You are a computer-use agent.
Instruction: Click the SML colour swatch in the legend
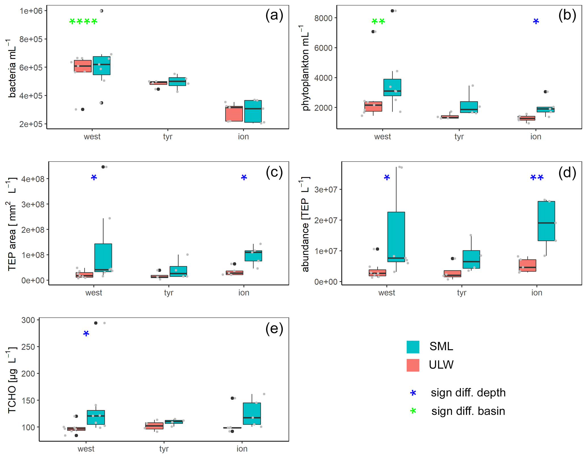tap(413, 347)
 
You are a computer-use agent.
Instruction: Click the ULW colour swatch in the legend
tap(413, 365)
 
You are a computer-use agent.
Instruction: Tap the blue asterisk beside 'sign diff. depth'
tap(413, 393)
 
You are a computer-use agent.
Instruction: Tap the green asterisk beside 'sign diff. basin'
tap(413, 411)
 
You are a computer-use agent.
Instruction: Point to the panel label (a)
tap(274, 15)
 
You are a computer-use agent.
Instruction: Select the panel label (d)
tap(567, 172)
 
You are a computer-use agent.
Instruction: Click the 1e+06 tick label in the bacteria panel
tap(31, 11)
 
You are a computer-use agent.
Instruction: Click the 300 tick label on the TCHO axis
tap(28, 320)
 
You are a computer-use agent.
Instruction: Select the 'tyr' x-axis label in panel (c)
tap(169, 293)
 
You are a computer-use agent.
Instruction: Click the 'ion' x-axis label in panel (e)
tap(242, 449)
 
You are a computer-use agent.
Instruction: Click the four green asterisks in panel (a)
tap(83, 21)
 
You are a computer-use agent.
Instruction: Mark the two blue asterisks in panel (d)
tap(537, 178)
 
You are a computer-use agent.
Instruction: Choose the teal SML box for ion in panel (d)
tap(546, 221)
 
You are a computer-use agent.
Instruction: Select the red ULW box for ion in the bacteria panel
tap(234, 114)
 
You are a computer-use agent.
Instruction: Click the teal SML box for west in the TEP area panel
tap(103, 257)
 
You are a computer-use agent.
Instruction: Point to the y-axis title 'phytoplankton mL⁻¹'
tap(305, 68)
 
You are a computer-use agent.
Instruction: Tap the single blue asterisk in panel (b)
tap(536, 21)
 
